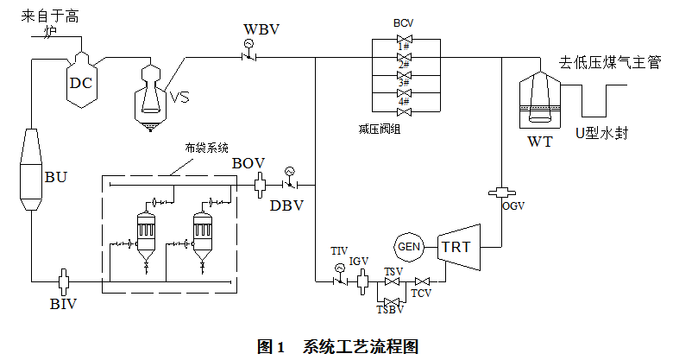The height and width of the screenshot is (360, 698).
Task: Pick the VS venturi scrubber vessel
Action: pos(154,94)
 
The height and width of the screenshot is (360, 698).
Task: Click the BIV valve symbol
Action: pos(63,281)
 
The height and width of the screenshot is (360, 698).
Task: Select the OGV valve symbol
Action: pos(502,192)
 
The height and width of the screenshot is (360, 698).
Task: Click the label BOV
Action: pos(248,162)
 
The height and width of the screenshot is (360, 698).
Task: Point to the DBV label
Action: pos(286,205)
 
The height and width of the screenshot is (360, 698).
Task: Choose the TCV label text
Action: pos(421,294)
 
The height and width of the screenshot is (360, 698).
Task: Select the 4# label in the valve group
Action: pos(403,101)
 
